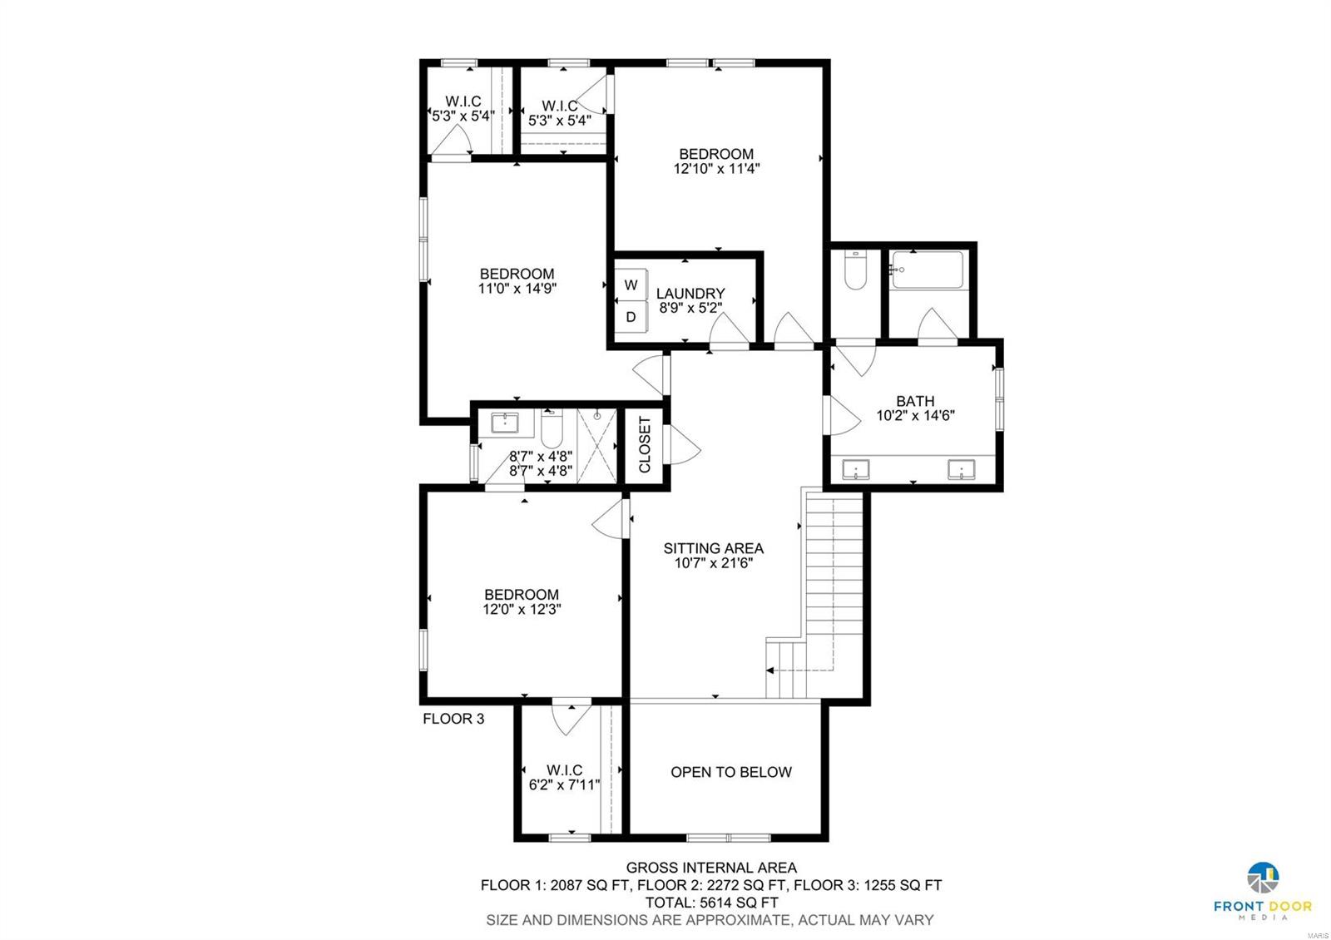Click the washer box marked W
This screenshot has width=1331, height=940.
[631, 285]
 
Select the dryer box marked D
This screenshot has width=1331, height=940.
[631, 317]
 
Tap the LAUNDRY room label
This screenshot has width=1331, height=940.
[690, 294]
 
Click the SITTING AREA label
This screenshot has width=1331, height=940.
[713, 548]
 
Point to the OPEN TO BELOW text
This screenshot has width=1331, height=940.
[730, 772]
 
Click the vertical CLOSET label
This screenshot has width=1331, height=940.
[645, 444]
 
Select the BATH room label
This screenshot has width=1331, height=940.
[915, 401]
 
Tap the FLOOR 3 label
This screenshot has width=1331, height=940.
[453, 719]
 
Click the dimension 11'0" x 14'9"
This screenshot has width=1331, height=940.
[517, 289]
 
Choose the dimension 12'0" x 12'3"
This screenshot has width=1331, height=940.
[522, 609]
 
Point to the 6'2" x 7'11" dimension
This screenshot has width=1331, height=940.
[564, 784]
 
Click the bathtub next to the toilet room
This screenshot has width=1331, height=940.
[927, 270]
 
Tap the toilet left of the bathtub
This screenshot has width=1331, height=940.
[855, 270]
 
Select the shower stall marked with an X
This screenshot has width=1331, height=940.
[596, 444]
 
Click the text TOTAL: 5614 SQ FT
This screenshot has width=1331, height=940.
[710, 903]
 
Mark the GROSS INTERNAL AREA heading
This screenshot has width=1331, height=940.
[710, 868]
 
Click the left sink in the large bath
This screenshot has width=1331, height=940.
[854, 470]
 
